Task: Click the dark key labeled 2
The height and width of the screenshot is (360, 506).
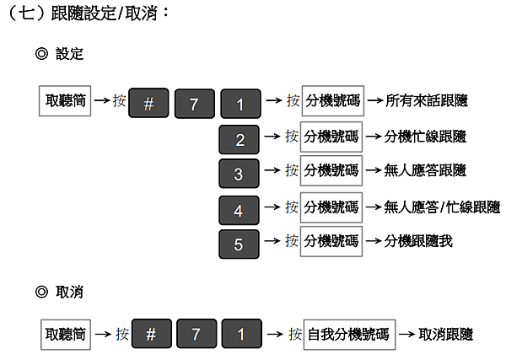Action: (x=240, y=140)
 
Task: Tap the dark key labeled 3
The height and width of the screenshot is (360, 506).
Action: (x=240, y=174)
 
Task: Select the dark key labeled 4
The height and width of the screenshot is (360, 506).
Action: (x=240, y=210)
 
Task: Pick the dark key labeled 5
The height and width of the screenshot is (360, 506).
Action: (x=240, y=244)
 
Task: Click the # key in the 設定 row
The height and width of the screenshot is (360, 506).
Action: (x=148, y=103)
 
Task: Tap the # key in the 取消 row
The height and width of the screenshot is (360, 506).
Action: (x=152, y=334)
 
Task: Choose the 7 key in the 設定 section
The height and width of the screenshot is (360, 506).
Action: (x=195, y=104)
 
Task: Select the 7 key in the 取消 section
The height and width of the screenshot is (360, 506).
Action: (x=196, y=334)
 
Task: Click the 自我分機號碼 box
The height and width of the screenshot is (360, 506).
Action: (x=349, y=335)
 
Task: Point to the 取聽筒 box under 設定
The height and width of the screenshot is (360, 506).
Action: (x=65, y=100)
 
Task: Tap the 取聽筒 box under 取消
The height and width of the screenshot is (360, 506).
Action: (x=66, y=335)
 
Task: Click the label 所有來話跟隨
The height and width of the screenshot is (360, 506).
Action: (x=427, y=100)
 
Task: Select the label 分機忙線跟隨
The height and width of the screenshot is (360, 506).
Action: (x=425, y=137)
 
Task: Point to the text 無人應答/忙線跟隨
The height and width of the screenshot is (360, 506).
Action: (x=442, y=207)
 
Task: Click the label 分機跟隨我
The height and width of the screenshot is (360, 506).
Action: (x=418, y=241)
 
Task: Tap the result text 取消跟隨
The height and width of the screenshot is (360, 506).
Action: (x=445, y=334)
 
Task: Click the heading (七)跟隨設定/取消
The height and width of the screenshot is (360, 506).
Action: (x=88, y=13)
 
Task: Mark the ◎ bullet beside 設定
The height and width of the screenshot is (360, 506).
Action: (x=41, y=54)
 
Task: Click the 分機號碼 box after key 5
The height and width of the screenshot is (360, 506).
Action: (x=331, y=241)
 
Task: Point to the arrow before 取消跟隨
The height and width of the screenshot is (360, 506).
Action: (x=407, y=334)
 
